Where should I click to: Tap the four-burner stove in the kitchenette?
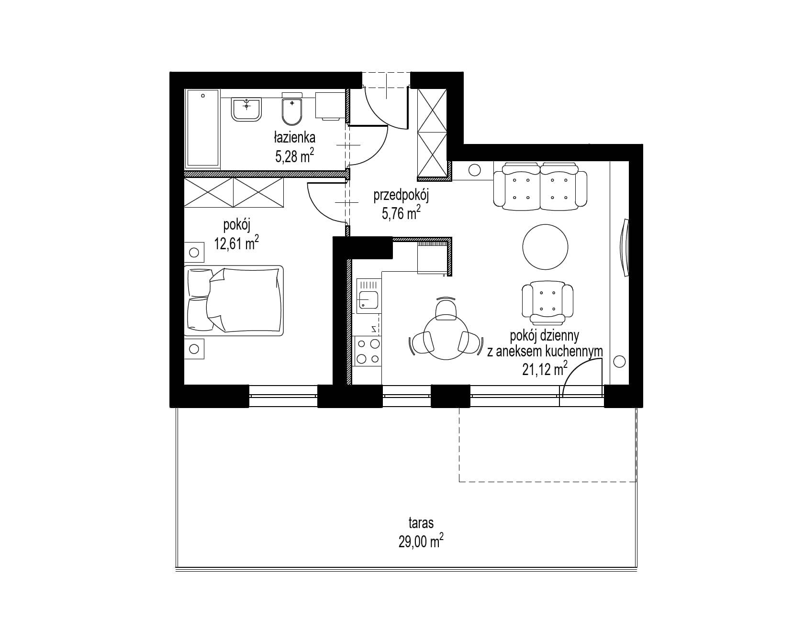click(x=367, y=351)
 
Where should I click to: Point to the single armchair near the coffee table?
click(x=547, y=299)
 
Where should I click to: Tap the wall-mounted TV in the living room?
click(x=625, y=247)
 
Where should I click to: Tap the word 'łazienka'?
click(x=294, y=138)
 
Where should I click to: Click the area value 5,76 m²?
click(x=401, y=212)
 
